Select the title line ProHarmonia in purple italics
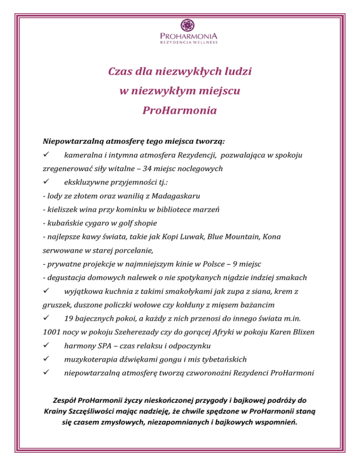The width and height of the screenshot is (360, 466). pyautogui.click(x=180, y=111)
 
